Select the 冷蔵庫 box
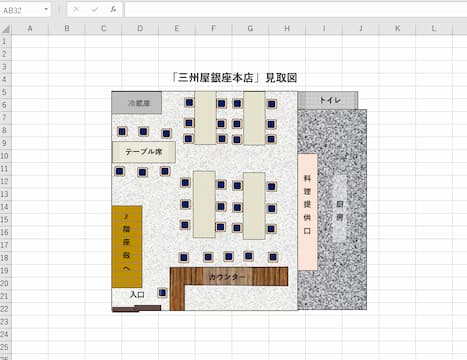point(136,101)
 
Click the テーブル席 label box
point(143,152)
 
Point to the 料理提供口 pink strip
point(307,211)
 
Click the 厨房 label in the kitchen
point(340,211)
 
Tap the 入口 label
point(138,294)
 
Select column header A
point(29,28)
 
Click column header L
point(433,28)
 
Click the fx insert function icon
point(113,9)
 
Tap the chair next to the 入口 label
point(162,292)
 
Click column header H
point(286,28)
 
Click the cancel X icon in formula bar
point(76,9)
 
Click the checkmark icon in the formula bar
point(95,9)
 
